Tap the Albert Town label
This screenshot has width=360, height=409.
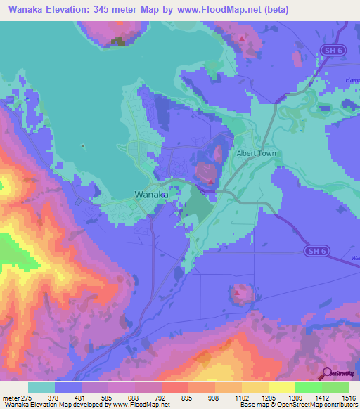click(256, 153)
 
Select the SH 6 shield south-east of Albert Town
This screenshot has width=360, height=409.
click(318, 249)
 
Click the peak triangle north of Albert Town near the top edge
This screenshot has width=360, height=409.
click(242, 37)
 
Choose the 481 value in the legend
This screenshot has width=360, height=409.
click(82, 398)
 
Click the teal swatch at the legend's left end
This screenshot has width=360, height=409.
click(41, 387)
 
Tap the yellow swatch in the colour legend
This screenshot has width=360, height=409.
click(282, 387)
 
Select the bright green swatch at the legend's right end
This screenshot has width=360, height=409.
click(335, 387)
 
